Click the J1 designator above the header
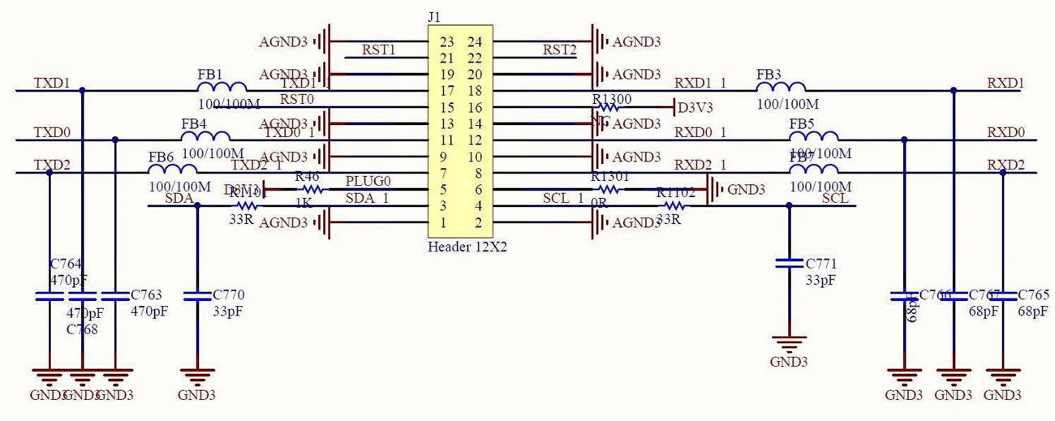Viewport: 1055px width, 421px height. tap(434, 16)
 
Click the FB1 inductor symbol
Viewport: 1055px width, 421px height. tap(223, 88)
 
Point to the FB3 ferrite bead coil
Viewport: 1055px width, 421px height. tap(782, 88)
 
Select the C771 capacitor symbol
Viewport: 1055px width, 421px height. tap(788, 263)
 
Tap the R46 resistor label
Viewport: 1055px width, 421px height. tap(307, 177)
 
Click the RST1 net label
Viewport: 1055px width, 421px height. tap(378, 50)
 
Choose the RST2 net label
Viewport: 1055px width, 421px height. tap(560, 50)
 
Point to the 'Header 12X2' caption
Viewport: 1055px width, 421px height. tap(467, 247)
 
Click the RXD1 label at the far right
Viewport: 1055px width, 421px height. tap(1005, 84)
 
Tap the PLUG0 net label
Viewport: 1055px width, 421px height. tap(368, 180)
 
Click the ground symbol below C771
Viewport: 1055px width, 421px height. tap(788, 345)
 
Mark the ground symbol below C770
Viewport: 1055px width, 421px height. tap(197, 377)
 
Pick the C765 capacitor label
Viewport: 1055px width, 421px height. tap(1033, 294)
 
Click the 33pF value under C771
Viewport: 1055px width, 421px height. tap(820, 280)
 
